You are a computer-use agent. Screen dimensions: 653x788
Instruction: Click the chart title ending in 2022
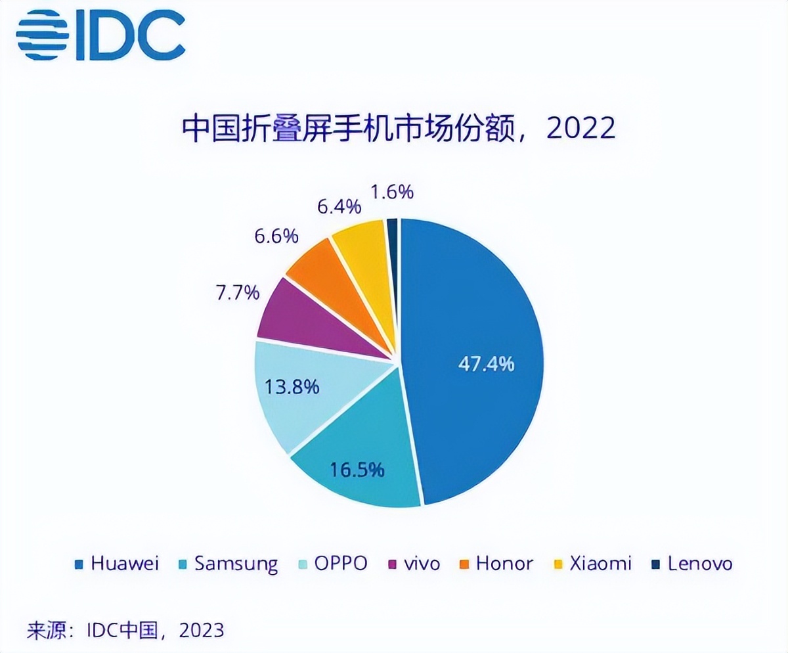pos(399,129)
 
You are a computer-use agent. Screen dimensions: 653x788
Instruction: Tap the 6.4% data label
pos(339,207)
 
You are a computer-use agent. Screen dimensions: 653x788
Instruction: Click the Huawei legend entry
pos(118,564)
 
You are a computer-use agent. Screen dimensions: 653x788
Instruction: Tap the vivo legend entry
pos(415,564)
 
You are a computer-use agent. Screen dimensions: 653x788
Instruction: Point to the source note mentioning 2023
pos(125,630)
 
